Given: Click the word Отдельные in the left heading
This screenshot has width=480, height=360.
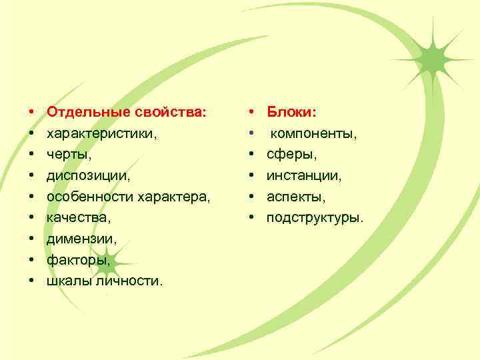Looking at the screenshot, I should click(85, 113).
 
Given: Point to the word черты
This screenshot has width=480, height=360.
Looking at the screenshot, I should click(67, 155).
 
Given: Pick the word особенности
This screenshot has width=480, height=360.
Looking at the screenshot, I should click(89, 197).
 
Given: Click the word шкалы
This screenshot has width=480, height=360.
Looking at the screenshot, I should click(65, 281).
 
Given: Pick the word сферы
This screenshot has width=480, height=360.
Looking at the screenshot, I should click(292, 155).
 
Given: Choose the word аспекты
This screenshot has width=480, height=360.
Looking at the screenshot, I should click(296, 197).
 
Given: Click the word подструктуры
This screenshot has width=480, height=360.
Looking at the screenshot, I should click(315, 218).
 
